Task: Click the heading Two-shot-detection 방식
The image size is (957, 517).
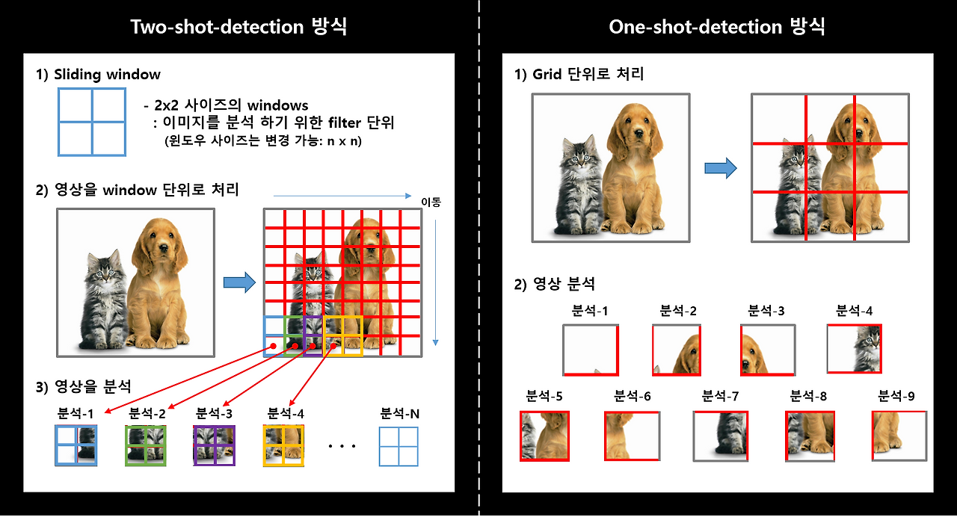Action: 239,27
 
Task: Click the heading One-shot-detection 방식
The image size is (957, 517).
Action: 717,27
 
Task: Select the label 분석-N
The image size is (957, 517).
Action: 399,413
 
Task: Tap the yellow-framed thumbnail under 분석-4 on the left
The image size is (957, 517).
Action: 283,446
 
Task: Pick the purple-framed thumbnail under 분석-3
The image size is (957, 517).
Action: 214,446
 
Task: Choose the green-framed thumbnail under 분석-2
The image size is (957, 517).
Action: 145,446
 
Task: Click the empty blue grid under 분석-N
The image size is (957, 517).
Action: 399,446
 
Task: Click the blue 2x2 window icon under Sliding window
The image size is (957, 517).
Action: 92,122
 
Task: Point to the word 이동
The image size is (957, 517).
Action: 431,201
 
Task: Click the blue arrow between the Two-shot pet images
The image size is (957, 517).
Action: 239,283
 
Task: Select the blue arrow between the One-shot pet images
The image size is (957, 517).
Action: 720,168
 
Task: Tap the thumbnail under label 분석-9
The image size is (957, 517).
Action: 899,436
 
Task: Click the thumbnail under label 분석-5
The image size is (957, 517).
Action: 544,436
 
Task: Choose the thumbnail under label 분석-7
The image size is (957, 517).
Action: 721,436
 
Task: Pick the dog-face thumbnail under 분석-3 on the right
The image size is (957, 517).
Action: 768,350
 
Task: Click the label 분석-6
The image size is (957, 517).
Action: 633,396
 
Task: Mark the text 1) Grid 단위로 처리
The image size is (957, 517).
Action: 579,75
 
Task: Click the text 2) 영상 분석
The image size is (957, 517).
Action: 555,284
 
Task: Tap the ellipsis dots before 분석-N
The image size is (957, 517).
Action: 342,447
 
